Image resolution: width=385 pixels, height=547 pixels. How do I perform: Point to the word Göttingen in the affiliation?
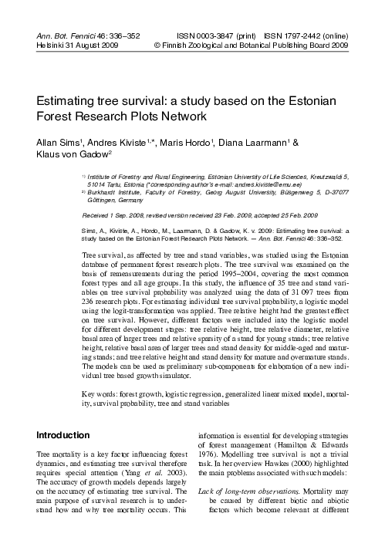(104, 201)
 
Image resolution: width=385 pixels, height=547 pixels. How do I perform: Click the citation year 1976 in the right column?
(210, 476)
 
